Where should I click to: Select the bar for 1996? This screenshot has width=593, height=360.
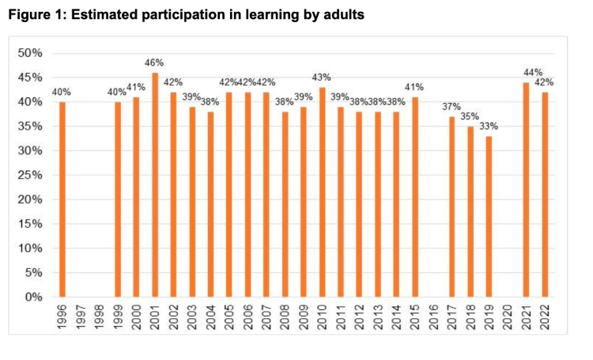click(62, 199)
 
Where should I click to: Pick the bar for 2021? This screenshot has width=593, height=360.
click(526, 190)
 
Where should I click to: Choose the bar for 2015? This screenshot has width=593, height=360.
click(414, 197)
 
